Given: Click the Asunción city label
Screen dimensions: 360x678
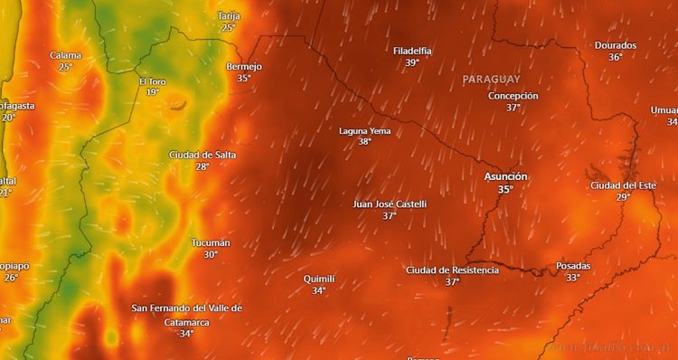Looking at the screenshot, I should [x=505, y=176].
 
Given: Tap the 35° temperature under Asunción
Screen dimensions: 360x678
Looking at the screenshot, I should [x=505, y=190].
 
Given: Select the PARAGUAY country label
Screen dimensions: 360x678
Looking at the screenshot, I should [x=491, y=80].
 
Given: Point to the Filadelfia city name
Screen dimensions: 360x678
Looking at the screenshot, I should [x=412, y=51].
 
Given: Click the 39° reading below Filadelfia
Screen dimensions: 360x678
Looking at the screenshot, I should [x=412, y=63].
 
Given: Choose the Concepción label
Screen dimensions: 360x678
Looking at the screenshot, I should [x=513, y=95].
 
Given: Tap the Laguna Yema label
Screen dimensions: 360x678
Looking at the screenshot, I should [x=364, y=131].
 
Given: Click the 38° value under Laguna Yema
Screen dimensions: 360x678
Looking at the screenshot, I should [x=364, y=142].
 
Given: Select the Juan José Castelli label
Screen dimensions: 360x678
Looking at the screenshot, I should [x=389, y=204].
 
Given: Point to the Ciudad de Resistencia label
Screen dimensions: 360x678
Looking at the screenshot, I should [x=452, y=270].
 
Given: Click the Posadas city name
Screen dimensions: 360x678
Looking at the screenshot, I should [x=573, y=266].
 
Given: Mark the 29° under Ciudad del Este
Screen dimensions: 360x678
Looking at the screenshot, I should [x=623, y=197].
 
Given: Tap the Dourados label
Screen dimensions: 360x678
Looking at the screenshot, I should [x=616, y=45].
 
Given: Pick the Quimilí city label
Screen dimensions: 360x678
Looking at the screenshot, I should [x=319, y=279].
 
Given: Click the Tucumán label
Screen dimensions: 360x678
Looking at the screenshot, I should [x=211, y=243].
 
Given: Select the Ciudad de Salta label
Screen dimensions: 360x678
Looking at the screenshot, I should [x=202, y=155].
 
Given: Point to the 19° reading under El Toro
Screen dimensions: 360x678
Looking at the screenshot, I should [x=152, y=92].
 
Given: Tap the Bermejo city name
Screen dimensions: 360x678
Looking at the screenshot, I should [x=244, y=66].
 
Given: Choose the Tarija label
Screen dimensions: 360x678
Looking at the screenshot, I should [x=229, y=16].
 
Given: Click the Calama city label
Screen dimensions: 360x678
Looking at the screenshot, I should [x=66, y=55].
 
